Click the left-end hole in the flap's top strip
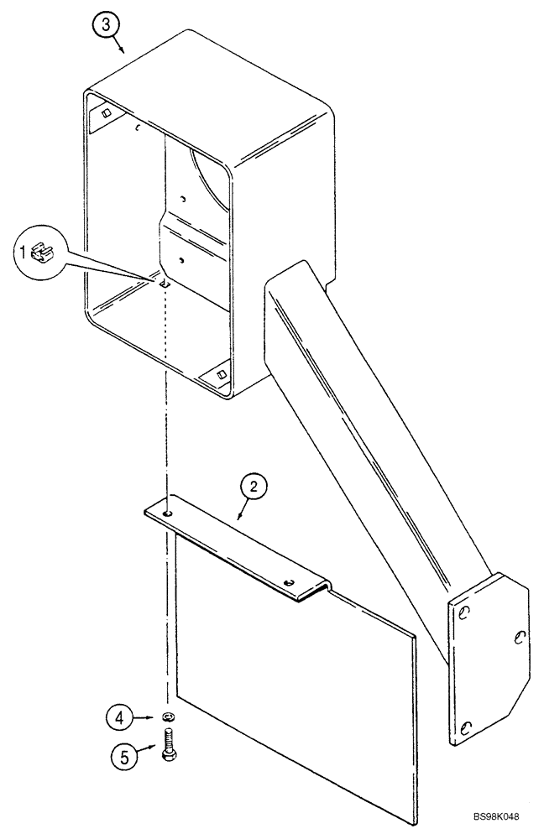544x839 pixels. (168, 513)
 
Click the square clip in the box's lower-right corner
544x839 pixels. (222, 374)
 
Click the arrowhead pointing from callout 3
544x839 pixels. (123, 52)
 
